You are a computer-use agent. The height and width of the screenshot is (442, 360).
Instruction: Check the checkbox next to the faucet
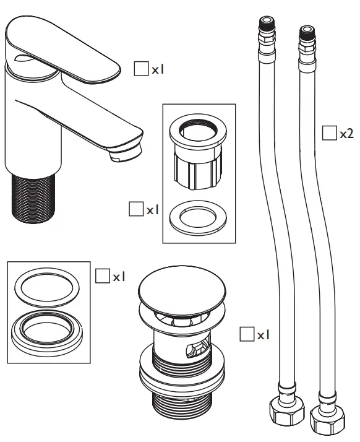(x=141, y=69)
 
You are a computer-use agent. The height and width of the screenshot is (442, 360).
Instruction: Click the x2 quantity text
(x=346, y=134)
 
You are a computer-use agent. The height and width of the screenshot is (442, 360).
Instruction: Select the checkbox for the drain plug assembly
(x=246, y=334)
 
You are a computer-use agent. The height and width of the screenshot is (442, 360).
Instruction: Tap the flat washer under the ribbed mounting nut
(x=197, y=216)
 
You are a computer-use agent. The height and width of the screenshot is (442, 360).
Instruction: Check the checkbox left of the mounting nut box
(x=135, y=209)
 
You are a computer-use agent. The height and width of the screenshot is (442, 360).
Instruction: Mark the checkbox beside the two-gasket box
(x=102, y=276)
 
